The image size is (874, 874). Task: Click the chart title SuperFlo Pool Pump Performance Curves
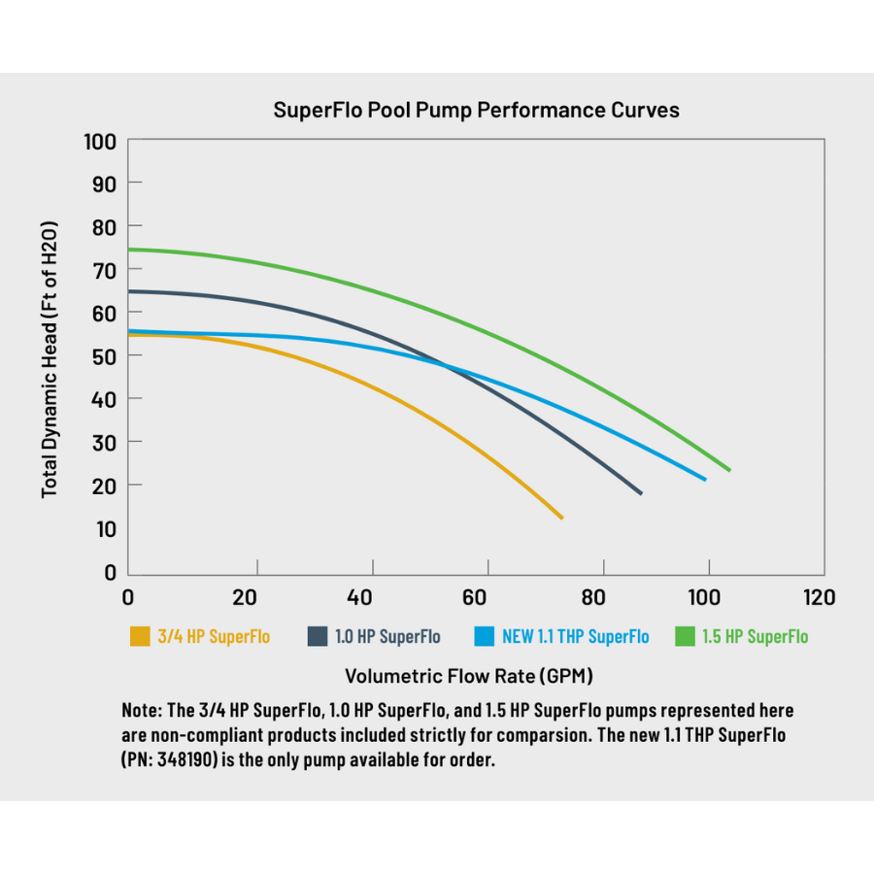coord(476,110)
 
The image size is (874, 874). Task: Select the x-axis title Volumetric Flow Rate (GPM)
coord(469,675)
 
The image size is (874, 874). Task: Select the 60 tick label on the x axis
coord(475,596)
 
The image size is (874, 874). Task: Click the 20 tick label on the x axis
coord(246,596)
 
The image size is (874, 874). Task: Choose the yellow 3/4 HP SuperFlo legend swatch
coord(141,637)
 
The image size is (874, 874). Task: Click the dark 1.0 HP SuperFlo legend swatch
coord(318,637)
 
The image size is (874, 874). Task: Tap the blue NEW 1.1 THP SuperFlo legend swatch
coord(485,637)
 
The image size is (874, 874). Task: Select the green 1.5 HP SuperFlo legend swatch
coord(686,637)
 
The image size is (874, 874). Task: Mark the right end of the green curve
coord(729,470)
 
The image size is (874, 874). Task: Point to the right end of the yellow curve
coord(561,518)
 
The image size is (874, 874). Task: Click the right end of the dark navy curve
coord(641,493)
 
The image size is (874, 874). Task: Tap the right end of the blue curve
coord(705,479)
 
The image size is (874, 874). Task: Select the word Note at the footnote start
coord(142,711)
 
